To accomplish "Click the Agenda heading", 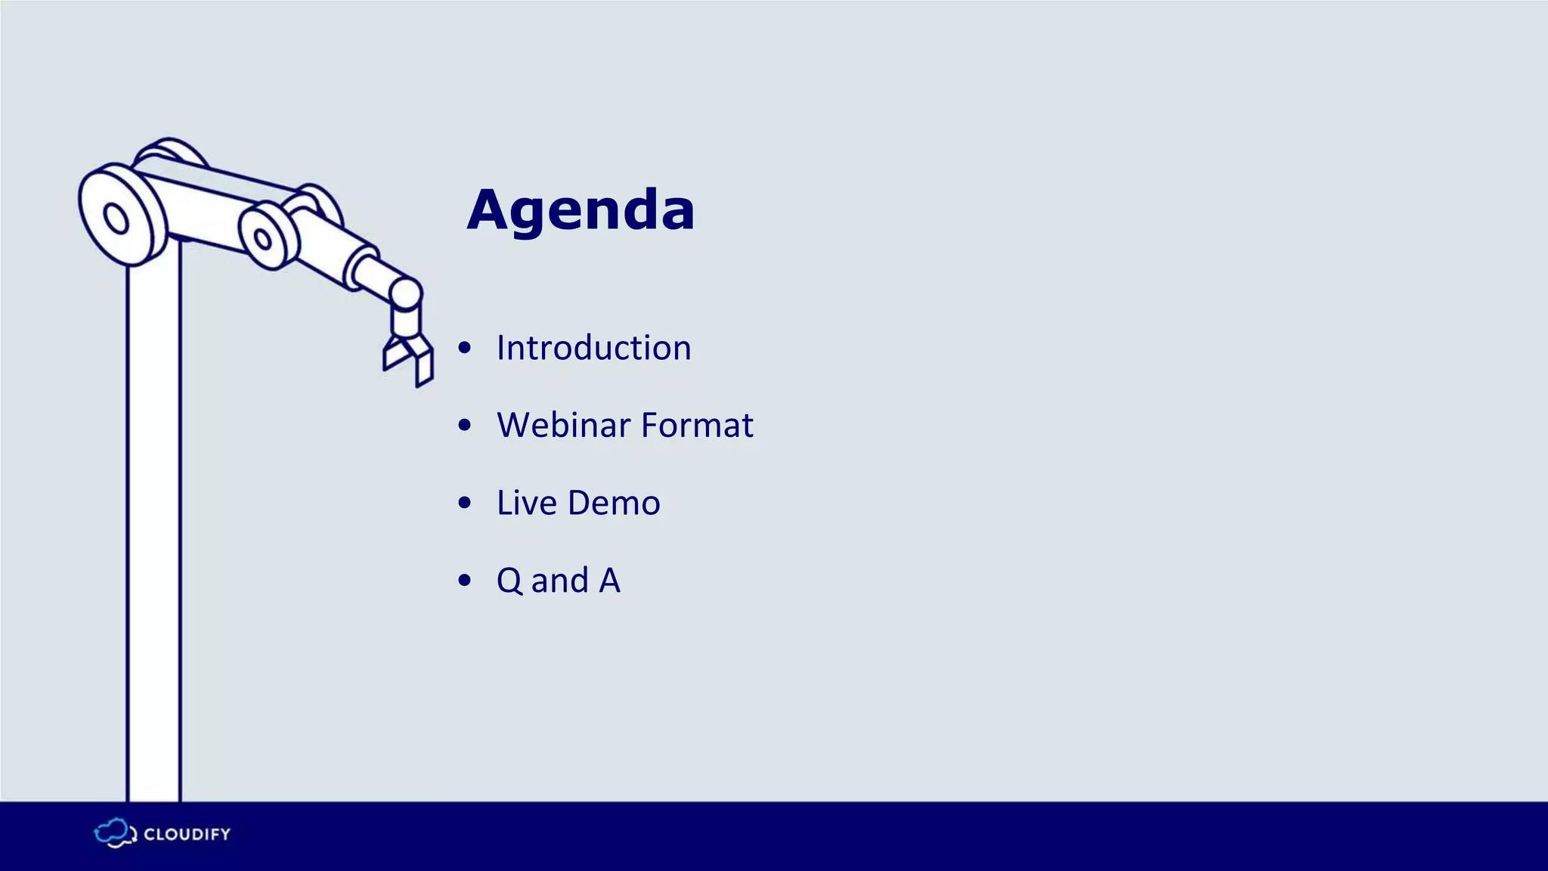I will [x=580, y=210].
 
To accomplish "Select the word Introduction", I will [x=593, y=349].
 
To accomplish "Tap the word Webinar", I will [x=563, y=425].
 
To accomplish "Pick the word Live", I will [x=526, y=503].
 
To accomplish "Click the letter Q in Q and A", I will [x=509, y=581].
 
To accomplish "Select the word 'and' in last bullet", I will [x=560, y=581].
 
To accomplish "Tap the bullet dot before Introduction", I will [x=465, y=349].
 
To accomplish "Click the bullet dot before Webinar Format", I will [x=465, y=426].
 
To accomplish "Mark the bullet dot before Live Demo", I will [x=465, y=503].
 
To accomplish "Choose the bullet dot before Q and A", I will [x=465, y=581].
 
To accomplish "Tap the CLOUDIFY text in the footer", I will [x=187, y=835].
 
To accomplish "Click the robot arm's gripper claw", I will [x=409, y=358].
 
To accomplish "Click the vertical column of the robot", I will [x=153, y=529].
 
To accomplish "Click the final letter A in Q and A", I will [x=609, y=581].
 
